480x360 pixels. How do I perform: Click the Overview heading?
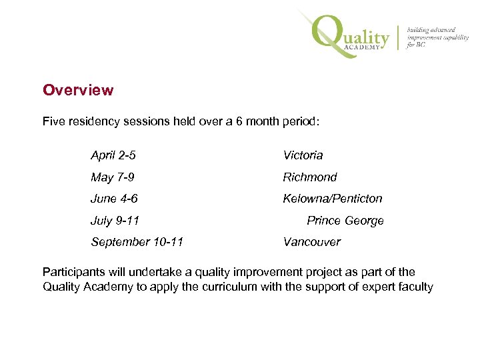click(78, 90)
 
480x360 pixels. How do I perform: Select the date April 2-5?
click(113, 155)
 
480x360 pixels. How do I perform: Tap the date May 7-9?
click(112, 177)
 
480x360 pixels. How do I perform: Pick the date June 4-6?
click(114, 199)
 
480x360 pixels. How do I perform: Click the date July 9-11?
click(115, 221)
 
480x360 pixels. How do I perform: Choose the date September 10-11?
click(137, 242)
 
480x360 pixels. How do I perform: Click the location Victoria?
click(303, 155)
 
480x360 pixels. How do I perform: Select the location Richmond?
click(310, 177)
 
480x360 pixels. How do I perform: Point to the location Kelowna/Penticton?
click(333, 199)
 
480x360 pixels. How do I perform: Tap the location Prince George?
click(345, 221)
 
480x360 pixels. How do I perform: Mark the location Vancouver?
click(311, 242)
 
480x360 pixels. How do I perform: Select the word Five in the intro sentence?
click(54, 123)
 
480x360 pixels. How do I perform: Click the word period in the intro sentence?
click(301, 123)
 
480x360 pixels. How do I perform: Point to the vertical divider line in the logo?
click(399, 37)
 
